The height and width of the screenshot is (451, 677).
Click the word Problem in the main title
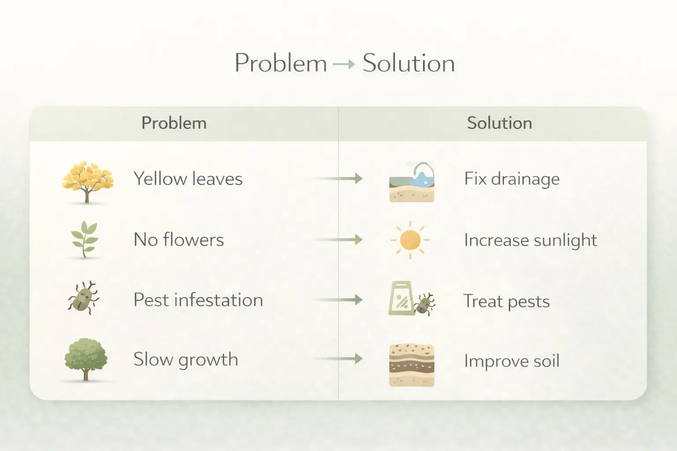(x=281, y=63)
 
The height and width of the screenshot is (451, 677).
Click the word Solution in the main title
(x=409, y=63)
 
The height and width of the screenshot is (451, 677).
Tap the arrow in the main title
(x=344, y=64)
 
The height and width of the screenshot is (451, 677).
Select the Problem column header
(x=174, y=123)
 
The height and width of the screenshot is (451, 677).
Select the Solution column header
(x=499, y=123)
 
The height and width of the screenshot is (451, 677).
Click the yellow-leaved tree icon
(x=88, y=182)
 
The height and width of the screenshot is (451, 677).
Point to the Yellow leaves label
(x=188, y=178)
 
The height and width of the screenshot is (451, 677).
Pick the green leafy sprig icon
(x=85, y=239)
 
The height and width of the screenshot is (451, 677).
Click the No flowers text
(x=179, y=240)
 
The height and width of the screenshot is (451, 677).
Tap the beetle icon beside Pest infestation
(x=83, y=298)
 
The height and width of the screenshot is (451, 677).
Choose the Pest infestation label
(x=198, y=300)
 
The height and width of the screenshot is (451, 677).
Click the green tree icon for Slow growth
(x=86, y=359)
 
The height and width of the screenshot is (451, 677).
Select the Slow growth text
(x=186, y=360)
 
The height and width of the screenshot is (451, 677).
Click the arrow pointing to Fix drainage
(x=338, y=178)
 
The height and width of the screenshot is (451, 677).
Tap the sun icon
(x=410, y=240)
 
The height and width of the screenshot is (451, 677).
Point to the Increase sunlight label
(x=531, y=240)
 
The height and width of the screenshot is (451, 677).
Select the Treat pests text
(x=506, y=301)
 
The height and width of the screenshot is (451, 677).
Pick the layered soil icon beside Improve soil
(x=412, y=365)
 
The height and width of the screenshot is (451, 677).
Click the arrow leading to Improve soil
(x=338, y=359)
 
